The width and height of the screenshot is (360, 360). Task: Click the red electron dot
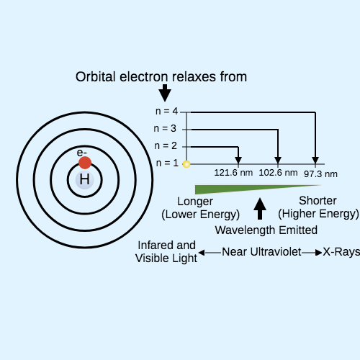pos(85,163)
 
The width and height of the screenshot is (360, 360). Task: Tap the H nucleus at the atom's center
pos(84,180)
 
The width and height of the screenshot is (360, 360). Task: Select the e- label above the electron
pos(81,153)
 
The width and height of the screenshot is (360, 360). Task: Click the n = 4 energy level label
pos(166,111)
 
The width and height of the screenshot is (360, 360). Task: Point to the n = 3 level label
pos(165,128)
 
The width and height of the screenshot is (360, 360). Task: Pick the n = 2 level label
pos(166,145)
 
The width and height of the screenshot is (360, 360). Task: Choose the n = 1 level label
pos(167,163)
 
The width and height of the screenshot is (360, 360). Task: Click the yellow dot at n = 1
pos(186,164)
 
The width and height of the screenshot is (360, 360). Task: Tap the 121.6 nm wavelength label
pos(233,173)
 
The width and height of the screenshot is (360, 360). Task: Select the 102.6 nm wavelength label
pos(278,173)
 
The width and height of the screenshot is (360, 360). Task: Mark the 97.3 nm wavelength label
pos(320,174)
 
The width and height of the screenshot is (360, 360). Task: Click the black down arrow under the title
pos(165,93)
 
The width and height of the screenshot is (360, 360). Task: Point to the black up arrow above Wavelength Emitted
pos(260,209)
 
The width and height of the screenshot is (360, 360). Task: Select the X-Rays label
pos(341,252)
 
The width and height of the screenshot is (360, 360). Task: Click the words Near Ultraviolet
pos(261,252)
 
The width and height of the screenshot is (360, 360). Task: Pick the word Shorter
pos(318,201)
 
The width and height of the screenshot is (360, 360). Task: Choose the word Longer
pos(195,202)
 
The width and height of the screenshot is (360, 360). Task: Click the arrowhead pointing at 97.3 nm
pos(315,161)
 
